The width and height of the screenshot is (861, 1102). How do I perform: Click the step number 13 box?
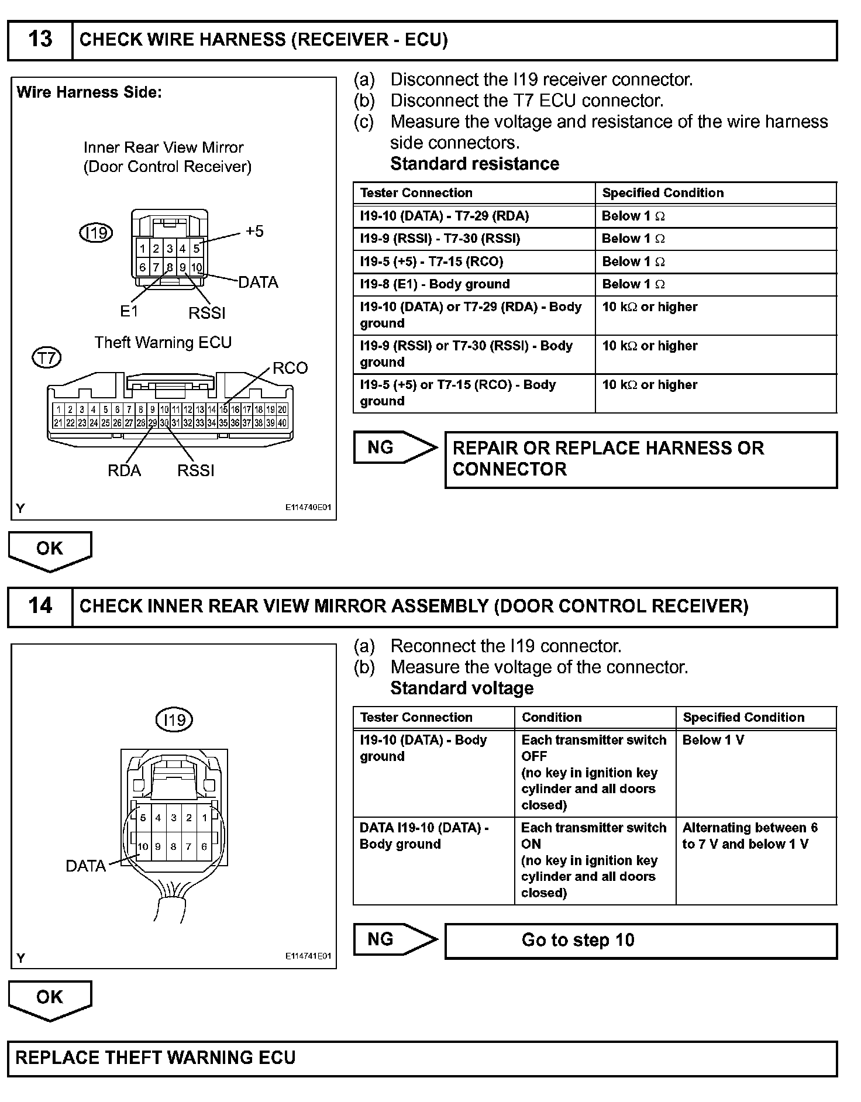(40, 40)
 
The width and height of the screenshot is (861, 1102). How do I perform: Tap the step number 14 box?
(40, 606)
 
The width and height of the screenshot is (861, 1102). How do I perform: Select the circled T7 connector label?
(47, 357)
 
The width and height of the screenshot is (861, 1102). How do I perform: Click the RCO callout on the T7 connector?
(290, 368)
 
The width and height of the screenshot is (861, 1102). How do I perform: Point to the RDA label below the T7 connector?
(124, 470)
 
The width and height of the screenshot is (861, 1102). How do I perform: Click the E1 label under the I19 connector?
(129, 311)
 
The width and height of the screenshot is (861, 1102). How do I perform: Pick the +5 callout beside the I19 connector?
(254, 231)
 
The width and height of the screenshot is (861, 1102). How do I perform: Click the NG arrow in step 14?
(395, 939)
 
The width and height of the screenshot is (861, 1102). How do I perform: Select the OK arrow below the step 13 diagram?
(50, 550)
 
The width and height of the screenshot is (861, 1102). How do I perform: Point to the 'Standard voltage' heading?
(462, 688)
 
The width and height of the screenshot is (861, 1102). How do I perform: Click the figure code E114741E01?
(308, 956)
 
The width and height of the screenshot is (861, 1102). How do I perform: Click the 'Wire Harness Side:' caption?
(89, 92)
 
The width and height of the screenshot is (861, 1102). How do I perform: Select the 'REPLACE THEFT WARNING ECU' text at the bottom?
(155, 1058)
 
